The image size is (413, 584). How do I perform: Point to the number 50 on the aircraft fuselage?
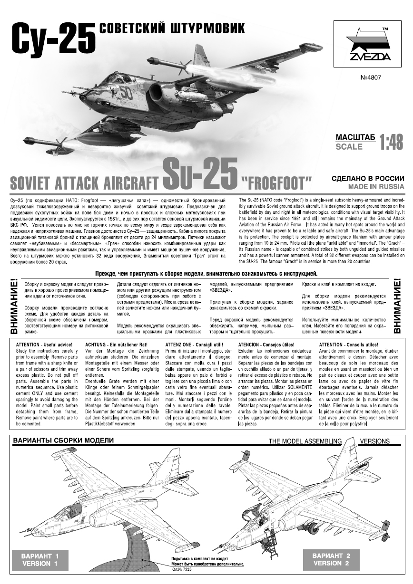point(126,92)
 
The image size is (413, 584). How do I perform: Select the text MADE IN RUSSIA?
point(376,187)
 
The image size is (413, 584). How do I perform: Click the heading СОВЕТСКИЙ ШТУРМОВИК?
point(172,29)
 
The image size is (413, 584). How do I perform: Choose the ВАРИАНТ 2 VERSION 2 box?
point(331,559)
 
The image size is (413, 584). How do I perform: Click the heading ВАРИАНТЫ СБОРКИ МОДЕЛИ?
point(63,440)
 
